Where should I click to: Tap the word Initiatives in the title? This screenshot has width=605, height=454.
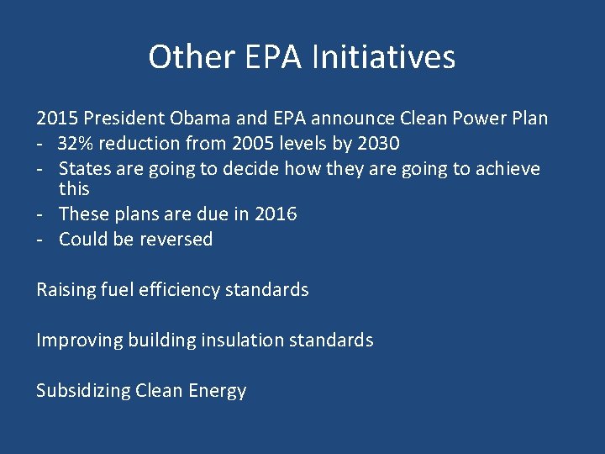pos(383,57)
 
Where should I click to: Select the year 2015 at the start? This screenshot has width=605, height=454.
pos(55,119)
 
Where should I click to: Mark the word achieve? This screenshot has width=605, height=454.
pos(508,169)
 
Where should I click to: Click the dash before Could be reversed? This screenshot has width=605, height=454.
pos(39,240)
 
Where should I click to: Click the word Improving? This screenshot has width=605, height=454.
pos(79,340)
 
